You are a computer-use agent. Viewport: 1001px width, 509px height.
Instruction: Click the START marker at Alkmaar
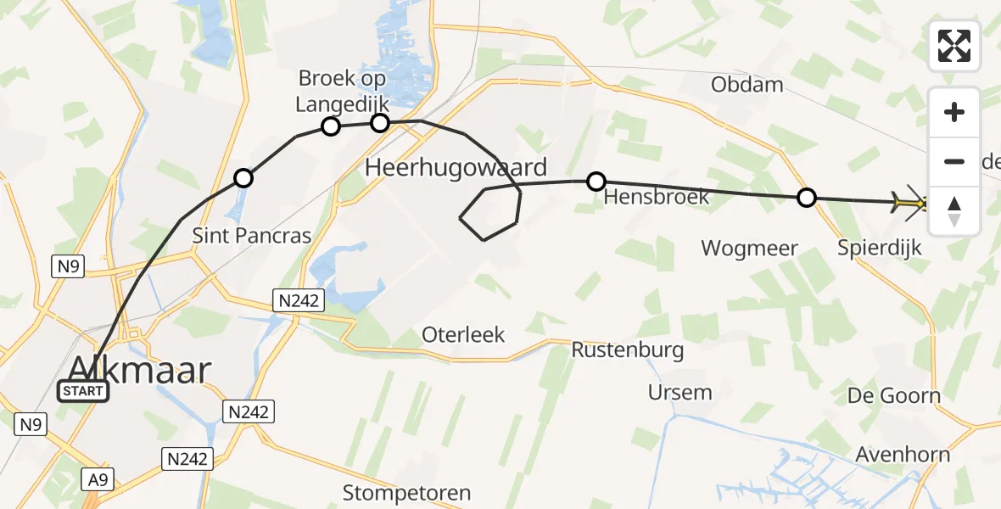click(x=83, y=391)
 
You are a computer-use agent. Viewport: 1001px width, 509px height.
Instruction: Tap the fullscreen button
click(x=954, y=46)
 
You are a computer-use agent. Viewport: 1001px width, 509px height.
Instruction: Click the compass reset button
click(x=954, y=211)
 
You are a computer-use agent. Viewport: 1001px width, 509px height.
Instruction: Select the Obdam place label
click(x=747, y=84)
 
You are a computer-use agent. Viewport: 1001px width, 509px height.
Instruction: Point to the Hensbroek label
click(x=645, y=199)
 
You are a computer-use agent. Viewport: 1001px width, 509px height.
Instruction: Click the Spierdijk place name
click(x=879, y=249)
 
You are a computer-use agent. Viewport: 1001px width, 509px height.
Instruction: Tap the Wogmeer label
click(x=749, y=249)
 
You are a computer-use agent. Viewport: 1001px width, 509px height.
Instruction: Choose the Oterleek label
click(x=463, y=334)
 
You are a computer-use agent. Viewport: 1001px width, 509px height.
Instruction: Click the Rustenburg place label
click(x=627, y=350)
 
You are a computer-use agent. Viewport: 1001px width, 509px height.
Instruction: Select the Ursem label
click(x=679, y=392)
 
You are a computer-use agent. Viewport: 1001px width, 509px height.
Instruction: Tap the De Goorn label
click(x=894, y=395)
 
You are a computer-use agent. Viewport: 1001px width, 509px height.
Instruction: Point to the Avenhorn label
click(x=903, y=455)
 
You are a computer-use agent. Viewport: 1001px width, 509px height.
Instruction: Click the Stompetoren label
click(x=406, y=492)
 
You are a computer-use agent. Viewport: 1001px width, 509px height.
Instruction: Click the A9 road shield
click(x=99, y=480)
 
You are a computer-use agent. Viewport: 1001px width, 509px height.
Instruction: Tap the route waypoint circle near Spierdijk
click(x=807, y=198)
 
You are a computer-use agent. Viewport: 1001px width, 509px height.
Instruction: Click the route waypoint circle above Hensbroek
click(x=596, y=181)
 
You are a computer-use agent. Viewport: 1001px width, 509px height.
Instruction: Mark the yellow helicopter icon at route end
click(x=909, y=204)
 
